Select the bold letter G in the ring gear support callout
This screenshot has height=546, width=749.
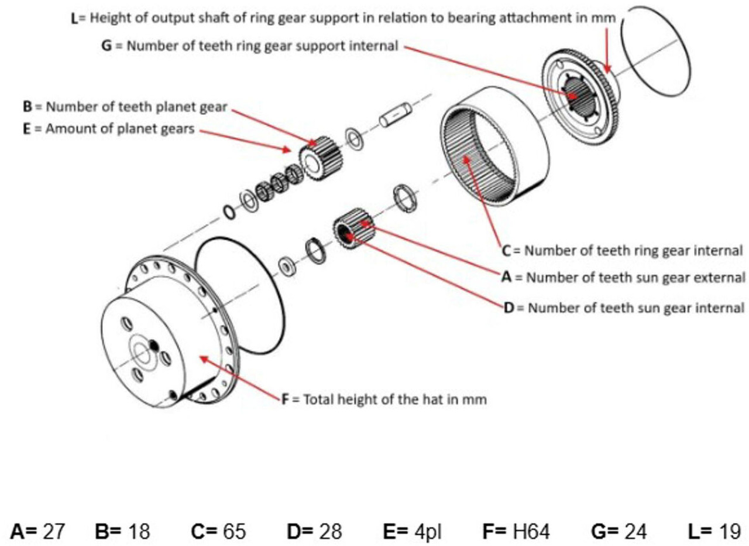(106, 46)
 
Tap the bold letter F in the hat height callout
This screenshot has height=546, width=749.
(285, 400)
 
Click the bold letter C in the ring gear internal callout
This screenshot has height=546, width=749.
(507, 251)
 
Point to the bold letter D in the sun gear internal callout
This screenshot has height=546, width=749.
(508, 308)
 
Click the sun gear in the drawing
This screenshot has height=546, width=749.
(353, 228)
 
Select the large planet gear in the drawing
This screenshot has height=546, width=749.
(321, 157)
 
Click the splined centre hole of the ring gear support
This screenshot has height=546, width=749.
(576, 91)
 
